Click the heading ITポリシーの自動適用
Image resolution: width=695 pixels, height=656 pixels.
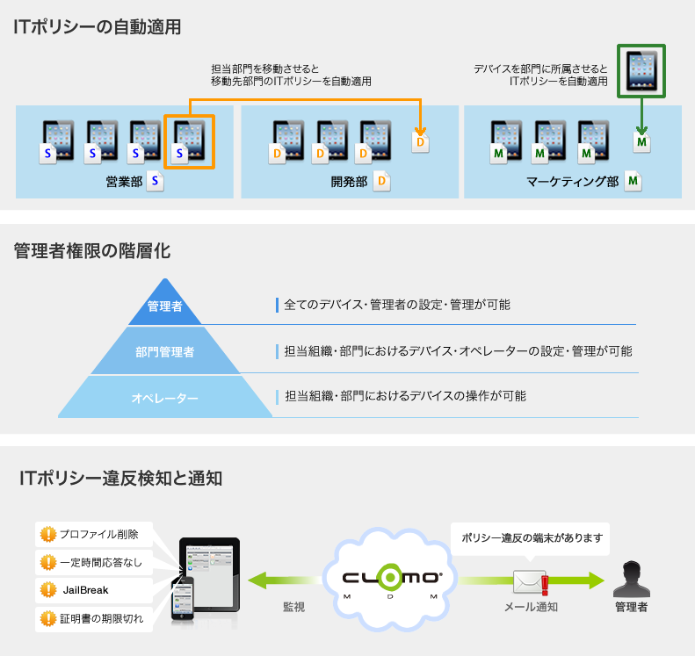tap(98, 27)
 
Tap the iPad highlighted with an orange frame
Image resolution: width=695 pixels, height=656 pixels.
tap(189, 141)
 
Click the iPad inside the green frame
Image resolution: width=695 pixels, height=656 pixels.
tap(641, 70)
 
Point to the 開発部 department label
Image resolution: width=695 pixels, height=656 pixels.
tap(349, 182)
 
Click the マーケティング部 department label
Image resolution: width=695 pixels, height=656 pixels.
tap(573, 182)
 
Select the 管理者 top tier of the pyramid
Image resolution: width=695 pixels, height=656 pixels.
tap(165, 306)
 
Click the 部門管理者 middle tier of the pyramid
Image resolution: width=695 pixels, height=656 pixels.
tap(165, 352)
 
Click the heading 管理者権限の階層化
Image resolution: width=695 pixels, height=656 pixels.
tap(92, 251)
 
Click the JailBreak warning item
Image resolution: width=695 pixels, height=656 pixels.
tap(84, 589)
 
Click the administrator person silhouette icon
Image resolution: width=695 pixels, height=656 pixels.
tap(633, 579)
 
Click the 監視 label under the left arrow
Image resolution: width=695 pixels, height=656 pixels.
tap(293, 607)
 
